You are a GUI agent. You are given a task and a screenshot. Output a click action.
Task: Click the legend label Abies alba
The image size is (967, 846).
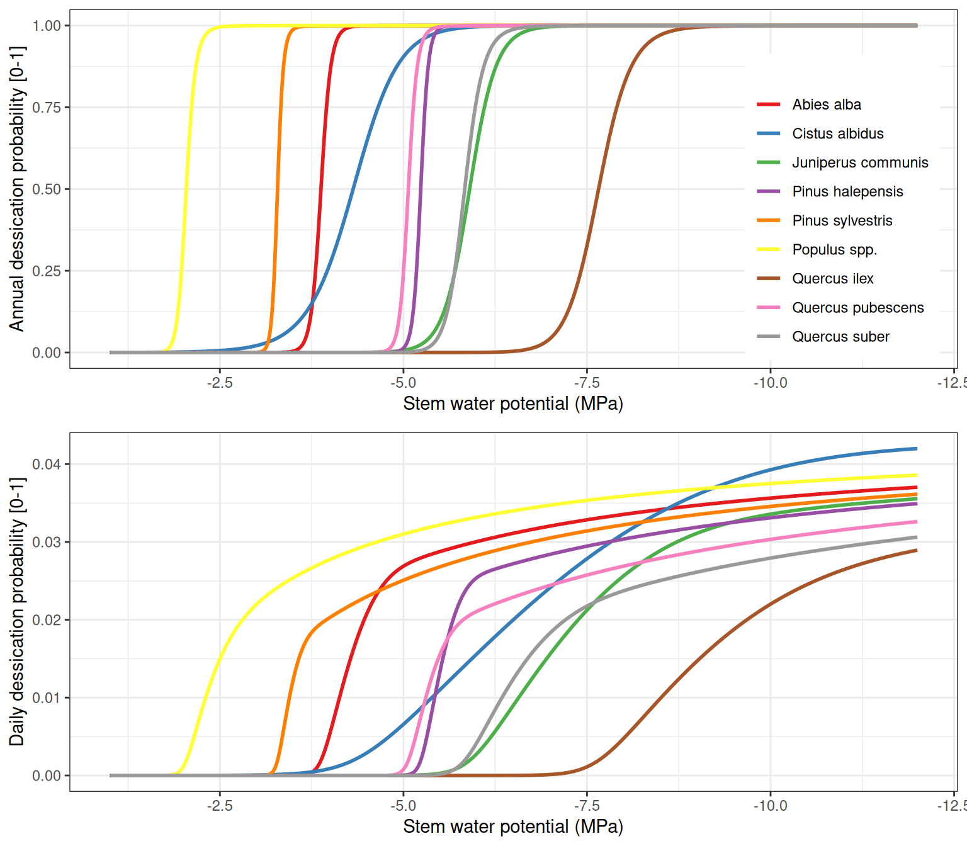click(x=826, y=104)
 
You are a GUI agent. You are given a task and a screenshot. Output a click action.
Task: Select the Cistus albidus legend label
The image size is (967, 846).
click(x=837, y=133)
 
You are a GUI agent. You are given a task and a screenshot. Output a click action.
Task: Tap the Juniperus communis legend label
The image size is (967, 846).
click(x=859, y=162)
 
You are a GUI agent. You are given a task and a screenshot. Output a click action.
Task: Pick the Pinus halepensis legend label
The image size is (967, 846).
click(x=847, y=191)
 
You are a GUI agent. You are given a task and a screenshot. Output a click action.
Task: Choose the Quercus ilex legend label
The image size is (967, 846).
click(x=832, y=278)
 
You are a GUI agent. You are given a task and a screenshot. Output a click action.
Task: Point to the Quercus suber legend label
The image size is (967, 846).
click(x=840, y=337)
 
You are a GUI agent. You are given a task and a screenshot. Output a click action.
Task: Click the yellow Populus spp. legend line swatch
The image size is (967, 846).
click(x=768, y=249)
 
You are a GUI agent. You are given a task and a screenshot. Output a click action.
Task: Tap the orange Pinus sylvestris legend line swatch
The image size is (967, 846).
click(x=768, y=220)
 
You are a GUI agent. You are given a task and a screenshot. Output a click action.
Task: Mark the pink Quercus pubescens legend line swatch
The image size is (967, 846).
click(x=768, y=308)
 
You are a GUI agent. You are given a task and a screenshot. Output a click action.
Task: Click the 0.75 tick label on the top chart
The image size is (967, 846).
click(x=47, y=108)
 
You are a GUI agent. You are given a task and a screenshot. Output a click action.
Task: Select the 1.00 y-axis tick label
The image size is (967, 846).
click(x=47, y=26)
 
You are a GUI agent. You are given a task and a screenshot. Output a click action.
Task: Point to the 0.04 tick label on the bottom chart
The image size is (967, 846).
click(x=47, y=465)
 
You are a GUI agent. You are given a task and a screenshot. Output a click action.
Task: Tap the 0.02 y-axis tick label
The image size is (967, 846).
click(x=47, y=620)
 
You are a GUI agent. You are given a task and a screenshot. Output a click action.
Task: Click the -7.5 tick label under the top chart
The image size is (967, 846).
click(x=586, y=383)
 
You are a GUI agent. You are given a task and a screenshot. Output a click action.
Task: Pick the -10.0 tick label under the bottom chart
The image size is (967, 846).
click(x=770, y=806)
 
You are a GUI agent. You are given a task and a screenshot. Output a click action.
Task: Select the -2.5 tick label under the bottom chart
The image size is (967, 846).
click(x=219, y=806)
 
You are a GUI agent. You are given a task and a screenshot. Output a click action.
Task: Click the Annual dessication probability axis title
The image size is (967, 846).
click(x=16, y=189)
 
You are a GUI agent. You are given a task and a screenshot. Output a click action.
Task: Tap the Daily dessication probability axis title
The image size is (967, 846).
click(x=16, y=612)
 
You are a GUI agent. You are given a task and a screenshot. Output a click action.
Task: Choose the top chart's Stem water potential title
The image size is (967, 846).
click(x=513, y=403)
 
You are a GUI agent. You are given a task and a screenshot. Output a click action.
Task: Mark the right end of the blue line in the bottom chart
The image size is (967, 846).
click(x=916, y=449)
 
